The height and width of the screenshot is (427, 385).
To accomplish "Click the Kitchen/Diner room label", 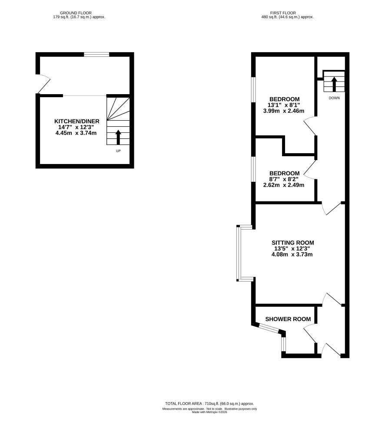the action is [76, 121].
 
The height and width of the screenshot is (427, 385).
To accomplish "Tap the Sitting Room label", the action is [292, 243].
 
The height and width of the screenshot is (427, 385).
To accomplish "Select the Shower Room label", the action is [288, 319].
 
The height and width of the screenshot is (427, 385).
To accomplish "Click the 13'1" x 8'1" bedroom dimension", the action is [284, 105].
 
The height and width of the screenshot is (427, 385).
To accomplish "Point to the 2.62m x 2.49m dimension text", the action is [284, 185].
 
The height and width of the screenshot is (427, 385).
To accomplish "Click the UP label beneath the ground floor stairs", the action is [118, 151].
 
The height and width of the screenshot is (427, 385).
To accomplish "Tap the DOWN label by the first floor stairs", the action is [334, 98].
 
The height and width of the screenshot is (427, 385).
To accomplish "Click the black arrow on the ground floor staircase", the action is [118, 137].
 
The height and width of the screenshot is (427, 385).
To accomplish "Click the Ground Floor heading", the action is [76, 13].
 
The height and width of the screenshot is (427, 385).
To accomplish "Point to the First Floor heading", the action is [283, 13].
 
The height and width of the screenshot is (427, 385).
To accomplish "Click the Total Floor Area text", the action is [209, 404].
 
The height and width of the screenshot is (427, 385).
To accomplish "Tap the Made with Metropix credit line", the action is [209, 412].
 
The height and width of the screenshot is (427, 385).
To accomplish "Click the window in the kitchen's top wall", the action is [96, 55].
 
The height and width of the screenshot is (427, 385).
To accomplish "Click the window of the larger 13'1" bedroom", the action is [253, 89].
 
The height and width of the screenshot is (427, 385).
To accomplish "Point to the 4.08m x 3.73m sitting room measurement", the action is [292, 255].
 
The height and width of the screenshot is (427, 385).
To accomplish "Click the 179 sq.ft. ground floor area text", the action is [79, 17].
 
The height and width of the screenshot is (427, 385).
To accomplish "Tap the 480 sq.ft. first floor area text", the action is [287, 17].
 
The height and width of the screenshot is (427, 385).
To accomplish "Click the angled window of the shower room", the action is [269, 328].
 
